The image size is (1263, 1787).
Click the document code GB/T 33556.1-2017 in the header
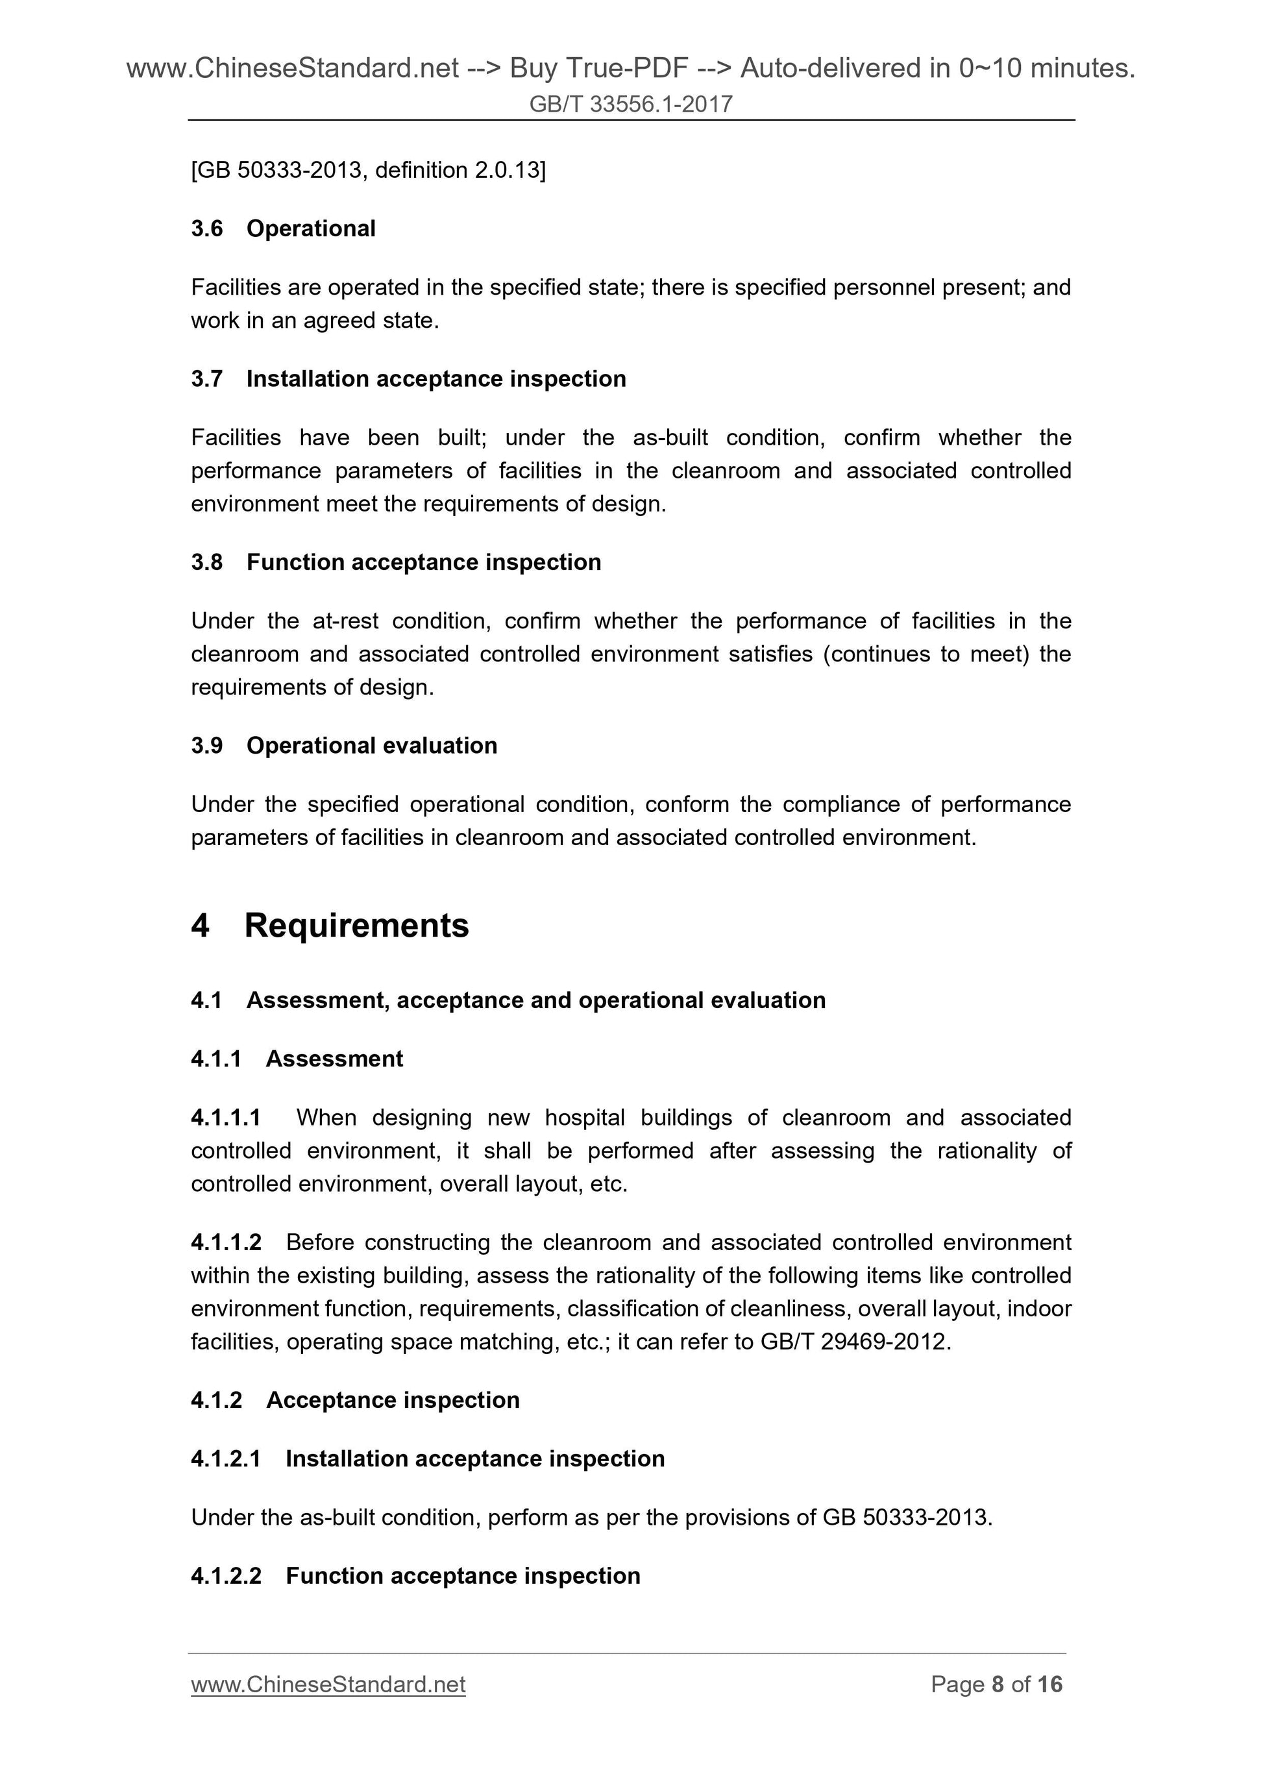(630, 105)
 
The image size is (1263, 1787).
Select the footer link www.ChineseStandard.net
(328, 1684)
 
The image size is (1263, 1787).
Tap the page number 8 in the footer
(997, 1684)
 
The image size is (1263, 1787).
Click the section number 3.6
(206, 229)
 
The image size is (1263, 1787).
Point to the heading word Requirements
(356, 926)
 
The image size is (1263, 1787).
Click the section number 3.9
(206, 746)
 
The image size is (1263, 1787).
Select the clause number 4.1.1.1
(226, 1118)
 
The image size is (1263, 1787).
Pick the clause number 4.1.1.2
(226, 1242)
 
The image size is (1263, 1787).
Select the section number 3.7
(206, 379)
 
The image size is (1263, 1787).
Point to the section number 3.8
(206, 562)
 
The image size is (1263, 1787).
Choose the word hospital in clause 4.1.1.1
(584, 1118)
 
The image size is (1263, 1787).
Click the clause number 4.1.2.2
(226, 1575)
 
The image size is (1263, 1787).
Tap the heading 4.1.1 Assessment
(297, 1059)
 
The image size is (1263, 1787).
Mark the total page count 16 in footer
(1049, 1684)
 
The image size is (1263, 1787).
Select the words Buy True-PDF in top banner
(598, 69)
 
